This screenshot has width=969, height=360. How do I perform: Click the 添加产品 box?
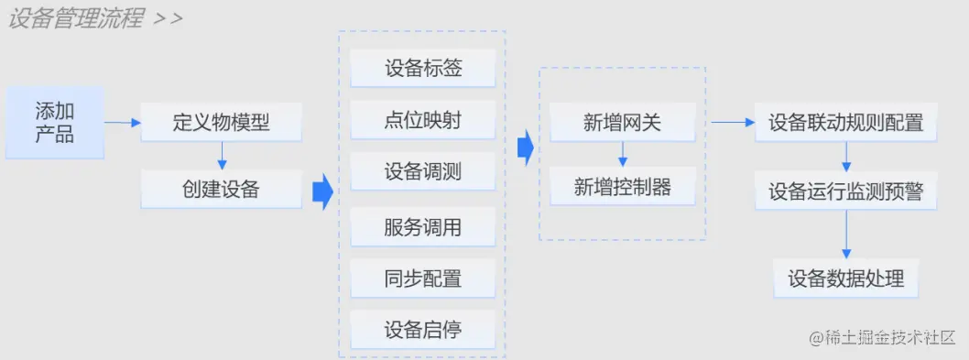55,121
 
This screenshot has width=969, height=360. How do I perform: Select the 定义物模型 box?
222,122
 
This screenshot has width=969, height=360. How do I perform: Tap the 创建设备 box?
222,189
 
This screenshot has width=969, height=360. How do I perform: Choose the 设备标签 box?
422,70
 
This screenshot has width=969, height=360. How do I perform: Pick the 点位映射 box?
422,120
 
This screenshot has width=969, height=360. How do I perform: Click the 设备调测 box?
422,171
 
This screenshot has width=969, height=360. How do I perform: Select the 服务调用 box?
422,227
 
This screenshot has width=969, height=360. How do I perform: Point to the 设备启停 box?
422,330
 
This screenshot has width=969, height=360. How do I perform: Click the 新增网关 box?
622,122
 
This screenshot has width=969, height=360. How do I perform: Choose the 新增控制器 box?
622,188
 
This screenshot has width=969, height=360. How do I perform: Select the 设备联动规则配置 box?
845,122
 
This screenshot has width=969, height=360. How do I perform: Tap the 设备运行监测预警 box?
845,191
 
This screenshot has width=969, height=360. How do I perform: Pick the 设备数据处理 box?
845,278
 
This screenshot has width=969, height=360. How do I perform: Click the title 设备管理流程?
75,18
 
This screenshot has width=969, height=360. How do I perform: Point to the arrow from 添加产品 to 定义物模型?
122,122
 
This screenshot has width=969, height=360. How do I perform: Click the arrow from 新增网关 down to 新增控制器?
622,155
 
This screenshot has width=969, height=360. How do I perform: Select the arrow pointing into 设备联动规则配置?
730,122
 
